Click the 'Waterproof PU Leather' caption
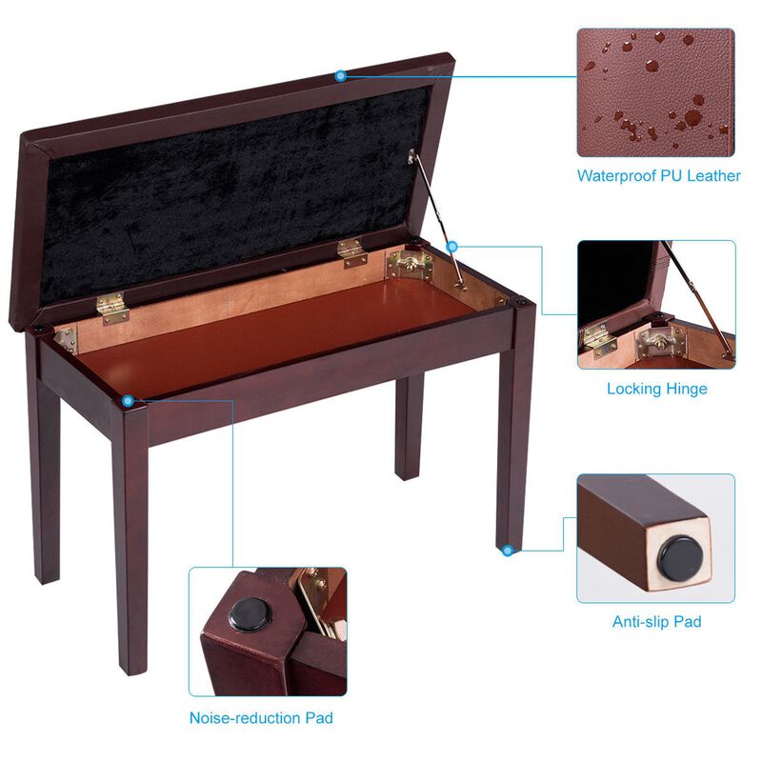658,175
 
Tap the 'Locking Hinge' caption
656,389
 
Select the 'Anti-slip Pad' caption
656,622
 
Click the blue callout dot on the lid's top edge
340,75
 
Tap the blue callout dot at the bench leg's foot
509,550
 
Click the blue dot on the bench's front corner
128,404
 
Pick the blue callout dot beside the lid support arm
451,246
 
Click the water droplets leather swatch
655,91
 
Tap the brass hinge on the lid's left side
111,308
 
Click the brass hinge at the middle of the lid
351,252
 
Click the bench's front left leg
129,533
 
